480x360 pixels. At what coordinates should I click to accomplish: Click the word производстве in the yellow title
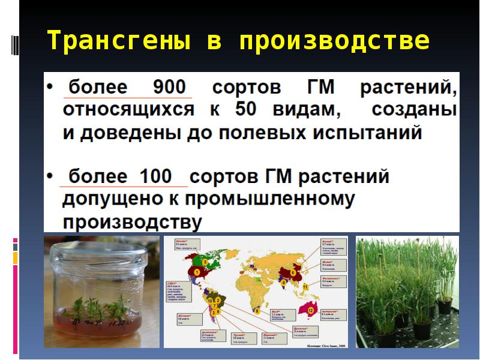[335, 41]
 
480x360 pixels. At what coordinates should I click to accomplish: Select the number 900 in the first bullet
[170, 88]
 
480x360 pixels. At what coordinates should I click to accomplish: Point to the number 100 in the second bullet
[155, 177]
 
